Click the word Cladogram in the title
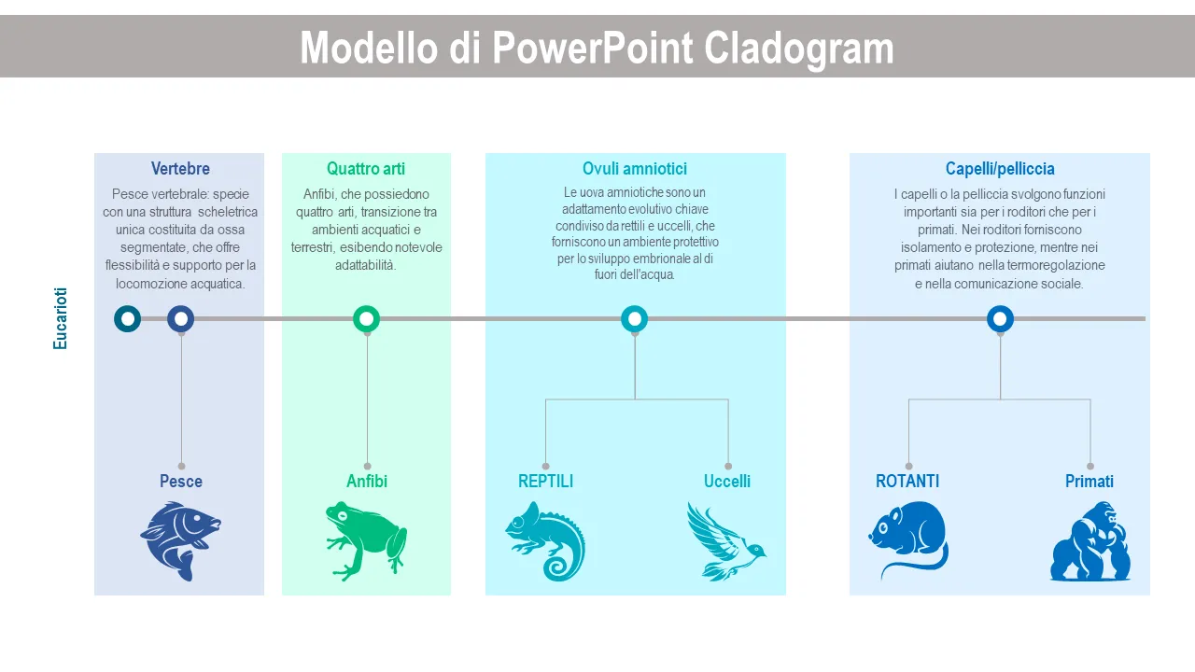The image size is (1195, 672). (798, 49)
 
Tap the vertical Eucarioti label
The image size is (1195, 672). (60, 319)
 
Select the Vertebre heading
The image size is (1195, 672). (180, 169)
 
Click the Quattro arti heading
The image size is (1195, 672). (366, 169)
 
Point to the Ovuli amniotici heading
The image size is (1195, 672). (634, 169)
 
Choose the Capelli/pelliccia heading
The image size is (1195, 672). (1000, 169)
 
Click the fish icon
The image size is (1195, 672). (181, 540)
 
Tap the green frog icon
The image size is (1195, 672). (366, 540)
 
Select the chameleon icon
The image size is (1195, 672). (545, 540)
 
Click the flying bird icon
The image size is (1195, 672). (726, 540)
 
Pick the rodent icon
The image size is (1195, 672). (908, 540)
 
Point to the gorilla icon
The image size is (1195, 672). (1090, 540)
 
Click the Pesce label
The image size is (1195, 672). (181, 481)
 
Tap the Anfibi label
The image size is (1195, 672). (367, 481)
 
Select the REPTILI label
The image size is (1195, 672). (545, 481)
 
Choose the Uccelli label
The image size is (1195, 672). (726, 481)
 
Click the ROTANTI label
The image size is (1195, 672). (907, 481)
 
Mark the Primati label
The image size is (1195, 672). (1090, 481)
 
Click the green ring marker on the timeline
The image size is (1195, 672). (367, 319)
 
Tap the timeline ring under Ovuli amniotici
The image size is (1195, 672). (634, 319)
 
